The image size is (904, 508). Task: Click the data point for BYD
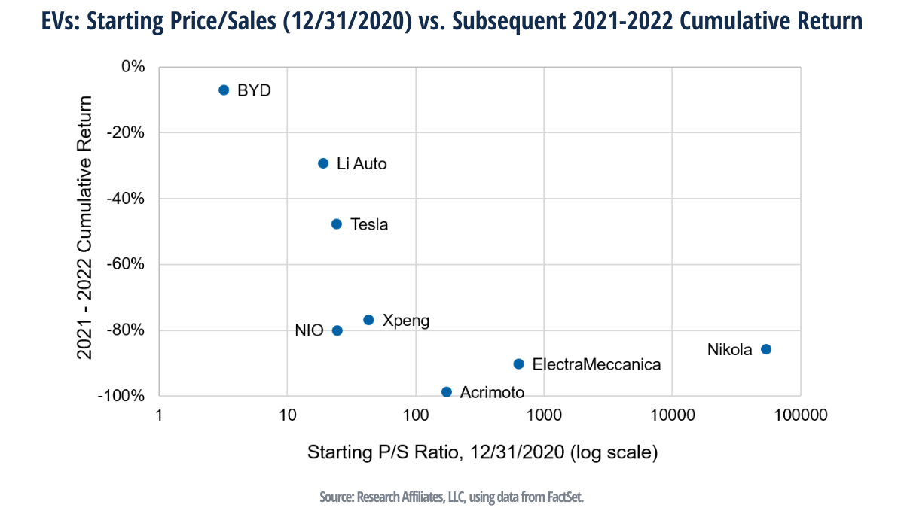(x=224, y=90)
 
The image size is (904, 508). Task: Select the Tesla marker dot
(x=337, y=224)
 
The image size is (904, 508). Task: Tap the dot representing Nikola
(x=766, y=349)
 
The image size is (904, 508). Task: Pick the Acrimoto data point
(x=446, y=391)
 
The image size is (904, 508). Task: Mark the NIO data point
(x=337, y=330)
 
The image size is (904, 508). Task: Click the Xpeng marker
(x=368, y=320)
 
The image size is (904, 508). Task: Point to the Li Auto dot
(x=323, y=163)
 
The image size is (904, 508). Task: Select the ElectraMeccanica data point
(x=518, y=364)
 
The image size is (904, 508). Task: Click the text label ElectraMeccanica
(x=597, y=364)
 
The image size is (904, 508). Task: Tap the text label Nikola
(x=729, y=349)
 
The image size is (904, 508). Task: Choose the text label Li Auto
(x=362, y=163)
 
